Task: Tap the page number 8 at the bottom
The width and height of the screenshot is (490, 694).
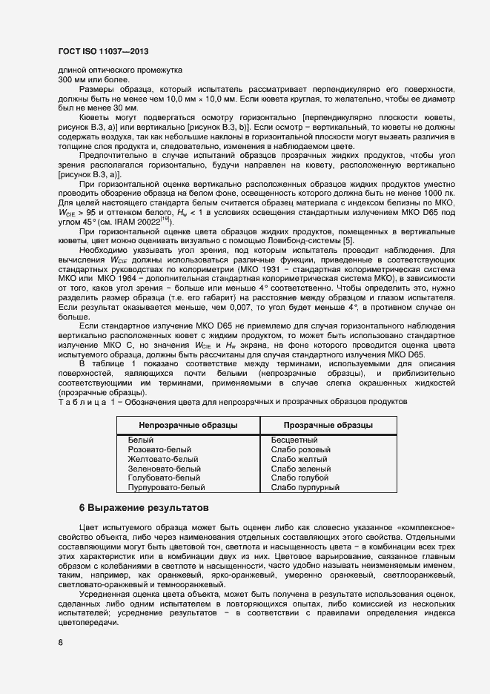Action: [60, 643]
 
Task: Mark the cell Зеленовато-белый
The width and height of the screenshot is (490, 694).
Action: [164, 469]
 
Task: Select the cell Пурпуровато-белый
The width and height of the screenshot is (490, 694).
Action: [166, 488]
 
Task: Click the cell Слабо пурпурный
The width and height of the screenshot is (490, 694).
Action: [305, 488]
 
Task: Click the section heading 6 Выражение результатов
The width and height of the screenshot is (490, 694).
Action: [144, 508]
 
